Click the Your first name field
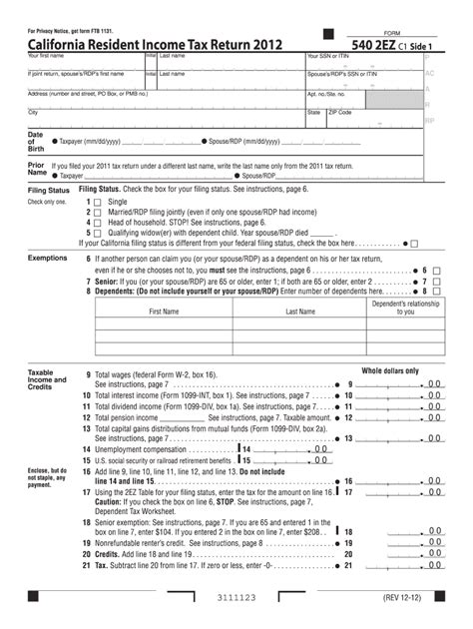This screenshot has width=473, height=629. (x=85, y=65)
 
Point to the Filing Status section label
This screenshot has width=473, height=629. (x=49, y=189)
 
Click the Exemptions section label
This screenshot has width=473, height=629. (x=48, y=258)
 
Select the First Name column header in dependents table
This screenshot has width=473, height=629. (x=164, y=312)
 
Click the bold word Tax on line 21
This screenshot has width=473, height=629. (x=100, y=564)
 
